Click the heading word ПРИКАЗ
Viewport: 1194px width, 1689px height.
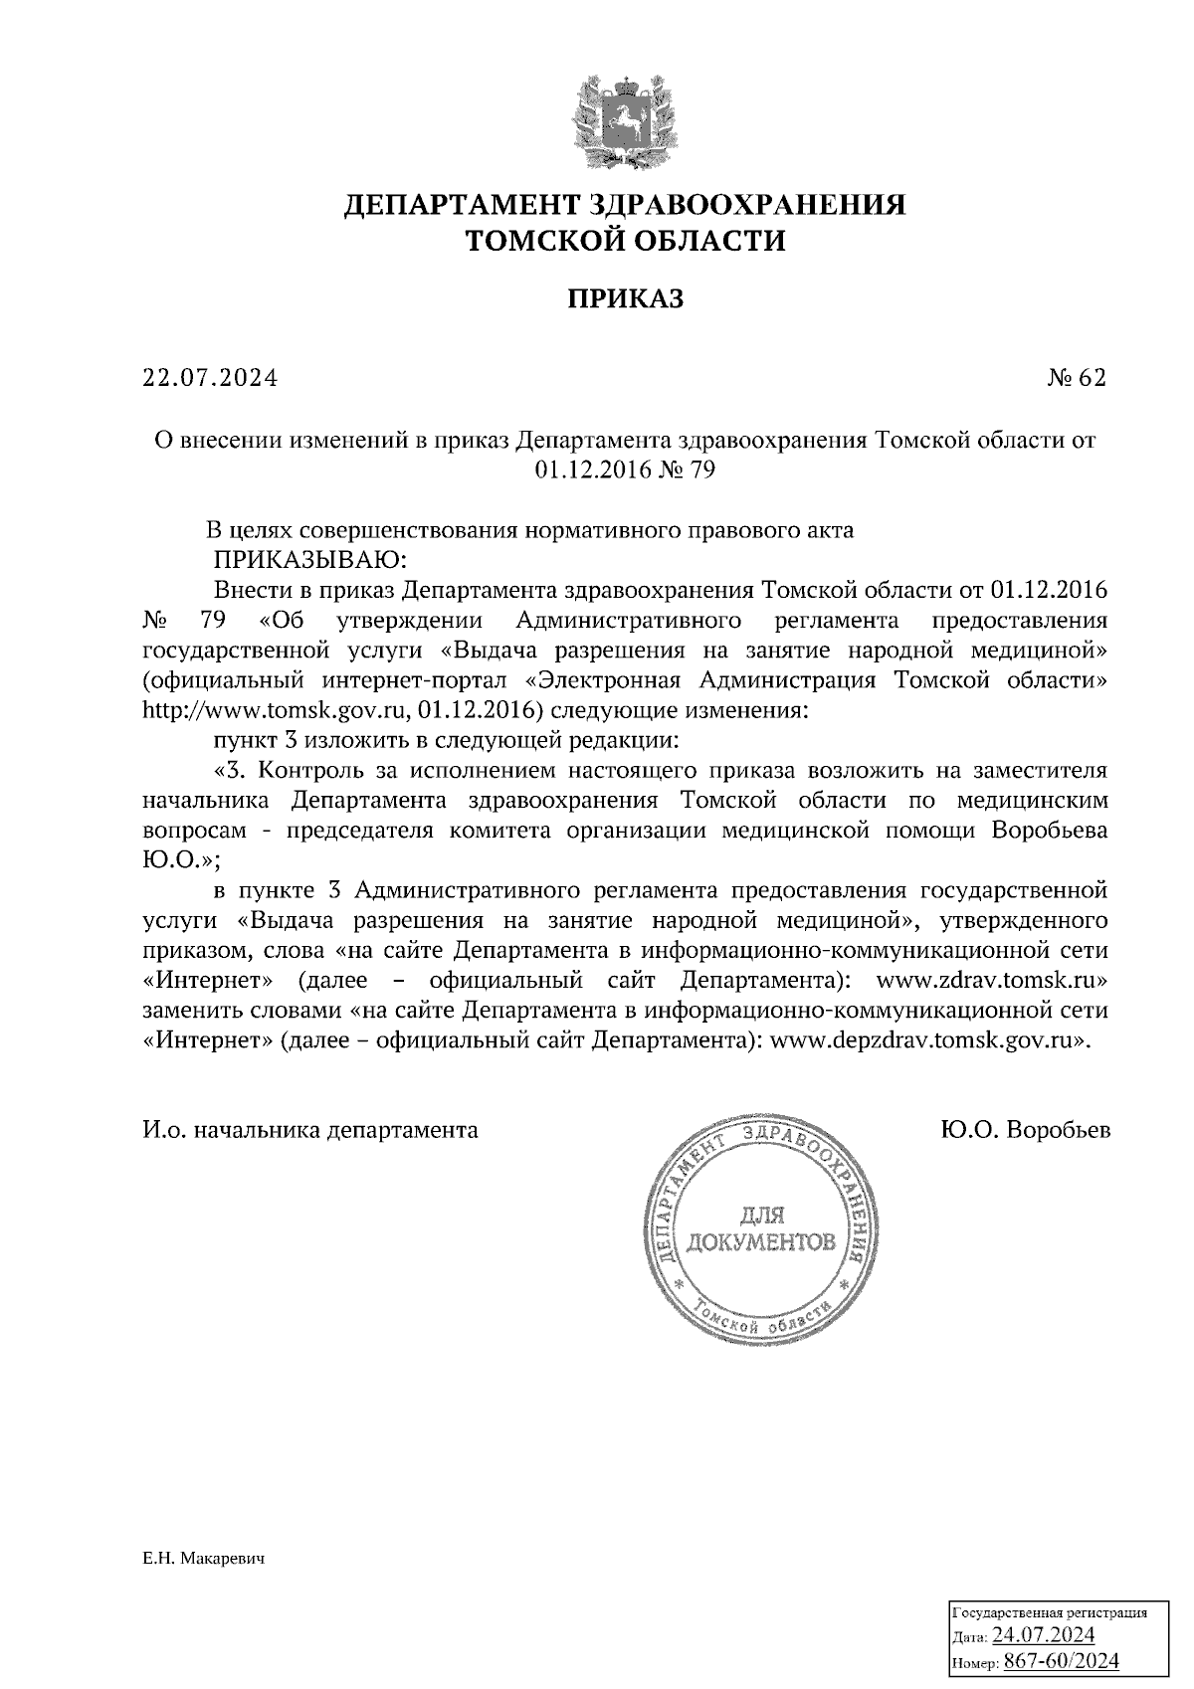tap(625, 299)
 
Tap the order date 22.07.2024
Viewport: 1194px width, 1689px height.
tap(209, 379)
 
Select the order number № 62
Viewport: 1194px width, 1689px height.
tap(1076, 379)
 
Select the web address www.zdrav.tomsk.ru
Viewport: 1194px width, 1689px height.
tap(991, 981)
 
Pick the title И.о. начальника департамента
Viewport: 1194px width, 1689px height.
tap(309, 1131)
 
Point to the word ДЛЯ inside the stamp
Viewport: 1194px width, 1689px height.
tap(762, 1216)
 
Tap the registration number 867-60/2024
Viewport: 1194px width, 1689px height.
tap(1061, 1661)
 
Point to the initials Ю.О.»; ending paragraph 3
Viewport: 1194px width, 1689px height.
tap(180, 859)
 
